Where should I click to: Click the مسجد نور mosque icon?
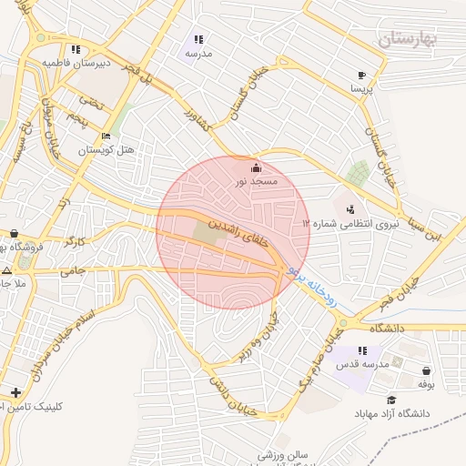click(255, 167)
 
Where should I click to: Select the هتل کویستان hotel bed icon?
click(106, 136)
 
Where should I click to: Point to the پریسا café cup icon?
click(361, 76)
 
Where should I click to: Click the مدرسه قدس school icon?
click(361, 350)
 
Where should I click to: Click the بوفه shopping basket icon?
click(427, 370)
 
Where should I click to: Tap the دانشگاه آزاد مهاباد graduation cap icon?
click(391, 400)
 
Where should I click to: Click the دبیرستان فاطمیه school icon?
click(77, 49)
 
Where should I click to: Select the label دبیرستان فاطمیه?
click(77, 63)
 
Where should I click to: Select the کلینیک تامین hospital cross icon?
click(15, 392)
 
